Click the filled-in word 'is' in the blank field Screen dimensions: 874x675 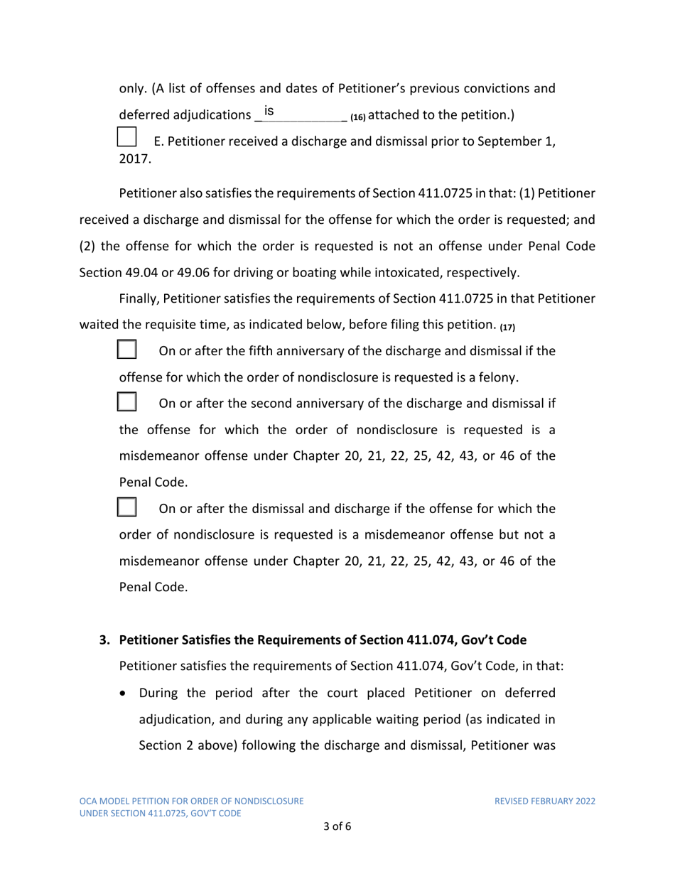[269, 111]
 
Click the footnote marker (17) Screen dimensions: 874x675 [506, 328]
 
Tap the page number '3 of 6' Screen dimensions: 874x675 [337, 826]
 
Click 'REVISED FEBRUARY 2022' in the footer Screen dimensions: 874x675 [545, 801]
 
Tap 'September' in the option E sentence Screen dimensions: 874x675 [509, 141]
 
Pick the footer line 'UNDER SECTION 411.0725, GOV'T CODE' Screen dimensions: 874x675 [159, 813]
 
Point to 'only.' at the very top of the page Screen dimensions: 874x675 [132, 90]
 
